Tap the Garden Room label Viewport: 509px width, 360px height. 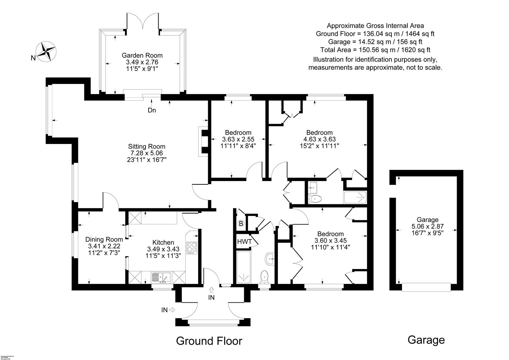[142, 55]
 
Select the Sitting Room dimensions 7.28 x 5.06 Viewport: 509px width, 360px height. [147, 153]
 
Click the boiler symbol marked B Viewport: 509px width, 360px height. [241, 224]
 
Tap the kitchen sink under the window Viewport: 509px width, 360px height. [161, 277]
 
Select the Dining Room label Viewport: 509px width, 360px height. [104, 239]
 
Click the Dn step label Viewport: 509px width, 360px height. [152, 110]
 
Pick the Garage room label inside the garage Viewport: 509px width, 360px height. [427, 220]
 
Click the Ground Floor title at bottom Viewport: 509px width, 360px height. [209, 341]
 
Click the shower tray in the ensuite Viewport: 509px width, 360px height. [355, 198]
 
